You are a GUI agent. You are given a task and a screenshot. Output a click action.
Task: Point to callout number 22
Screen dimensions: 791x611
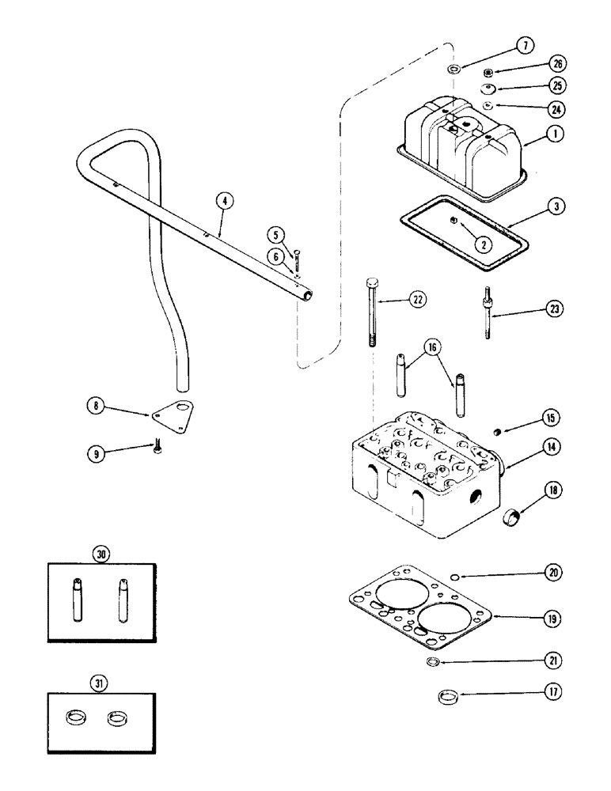click(x=417, y=299)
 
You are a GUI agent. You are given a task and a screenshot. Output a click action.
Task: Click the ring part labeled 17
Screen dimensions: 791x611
click(x=449, y=697)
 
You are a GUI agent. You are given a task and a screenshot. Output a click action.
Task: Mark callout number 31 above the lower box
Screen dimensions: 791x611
click(x=101, y=681)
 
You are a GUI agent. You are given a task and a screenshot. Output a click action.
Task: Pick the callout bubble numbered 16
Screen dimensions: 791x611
click(x=429, y=346)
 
